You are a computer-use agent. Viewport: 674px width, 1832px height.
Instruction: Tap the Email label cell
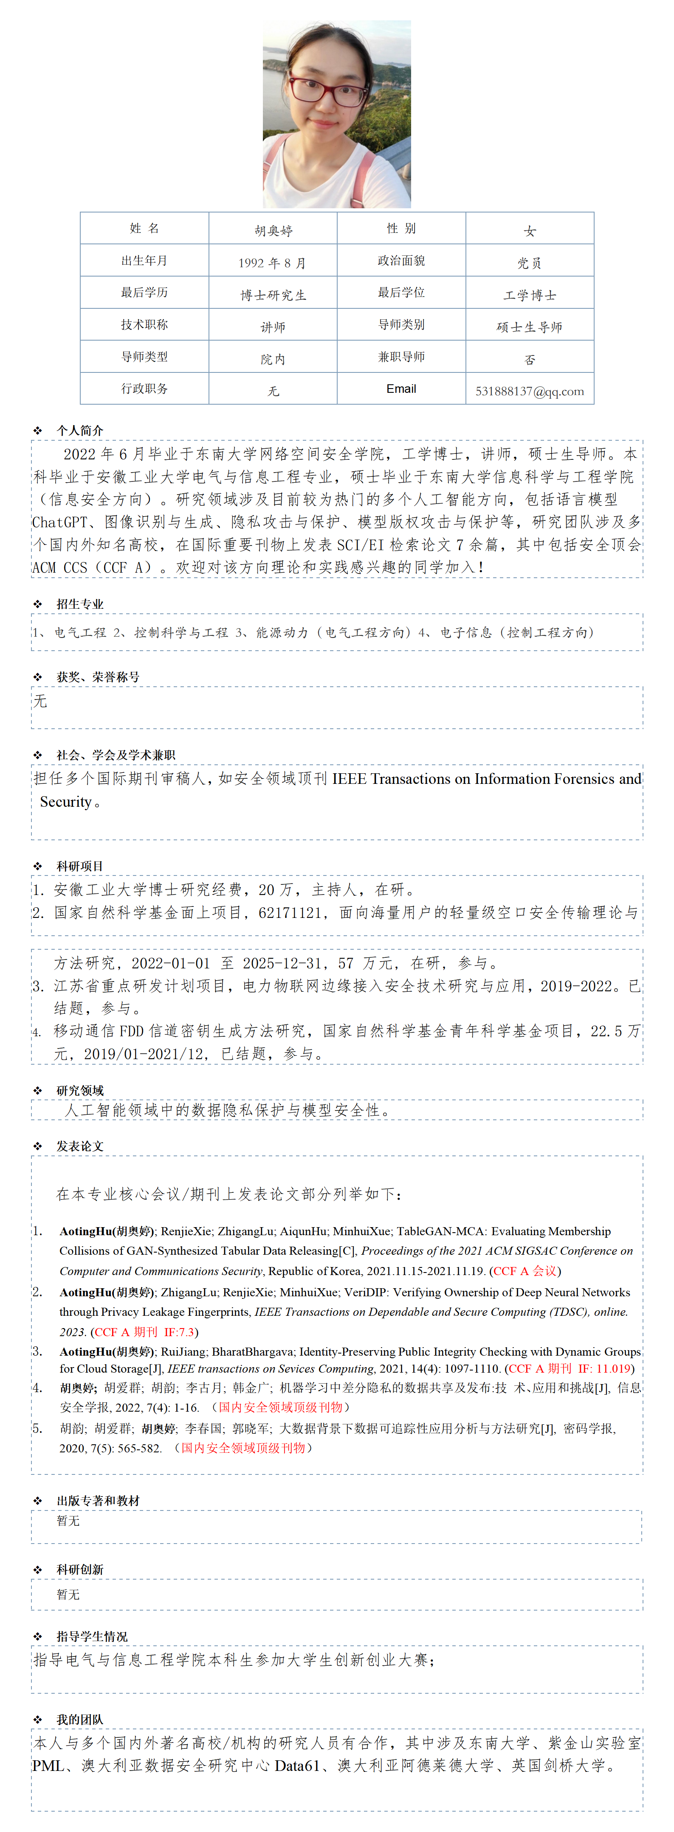click(x=401, y=388)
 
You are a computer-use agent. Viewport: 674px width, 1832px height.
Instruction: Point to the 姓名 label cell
click(x=144, y=228)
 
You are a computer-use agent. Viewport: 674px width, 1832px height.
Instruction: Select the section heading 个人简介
click(x=80, y=430)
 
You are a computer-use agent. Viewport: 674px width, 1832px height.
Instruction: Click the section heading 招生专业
click(x=80, y=604)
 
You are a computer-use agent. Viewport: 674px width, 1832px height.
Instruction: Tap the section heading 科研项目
click(x=80, y=865)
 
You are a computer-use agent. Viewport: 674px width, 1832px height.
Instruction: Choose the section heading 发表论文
click(x=80, y=1146)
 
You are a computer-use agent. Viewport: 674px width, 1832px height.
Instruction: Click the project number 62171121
click(x=290, y=912)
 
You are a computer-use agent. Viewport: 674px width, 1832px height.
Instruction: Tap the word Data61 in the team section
click(x=297, y=1765)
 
